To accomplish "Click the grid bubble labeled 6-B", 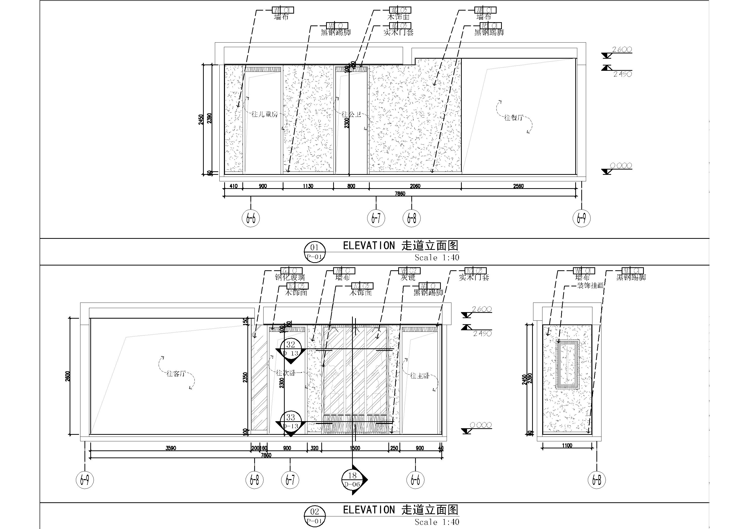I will (x=597, y=479).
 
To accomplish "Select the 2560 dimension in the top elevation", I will (x=518, y=186).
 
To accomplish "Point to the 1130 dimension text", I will (x=308, y=186).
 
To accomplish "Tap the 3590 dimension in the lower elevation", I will (x=171, y=448).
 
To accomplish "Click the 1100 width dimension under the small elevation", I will (x=567, y=446).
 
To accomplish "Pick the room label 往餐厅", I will (x=513, y=118).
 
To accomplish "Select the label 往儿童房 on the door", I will (x=265, y=114).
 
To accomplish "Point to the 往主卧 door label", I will (x=419, y=376).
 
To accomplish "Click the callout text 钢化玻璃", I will (x=290, y=277).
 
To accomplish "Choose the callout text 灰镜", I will (x=408, y=277).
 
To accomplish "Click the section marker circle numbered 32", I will (x=291, y=345).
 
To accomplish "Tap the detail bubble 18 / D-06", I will (x=352, y=479).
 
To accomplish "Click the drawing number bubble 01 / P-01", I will (x=314, y=252).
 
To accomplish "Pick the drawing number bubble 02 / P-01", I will (x=314, y=516).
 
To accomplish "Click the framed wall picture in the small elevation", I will (x=568, y=364).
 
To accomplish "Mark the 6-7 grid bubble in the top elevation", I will (x=376, y=218).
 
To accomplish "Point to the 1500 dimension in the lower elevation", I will (x=355, y=448).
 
